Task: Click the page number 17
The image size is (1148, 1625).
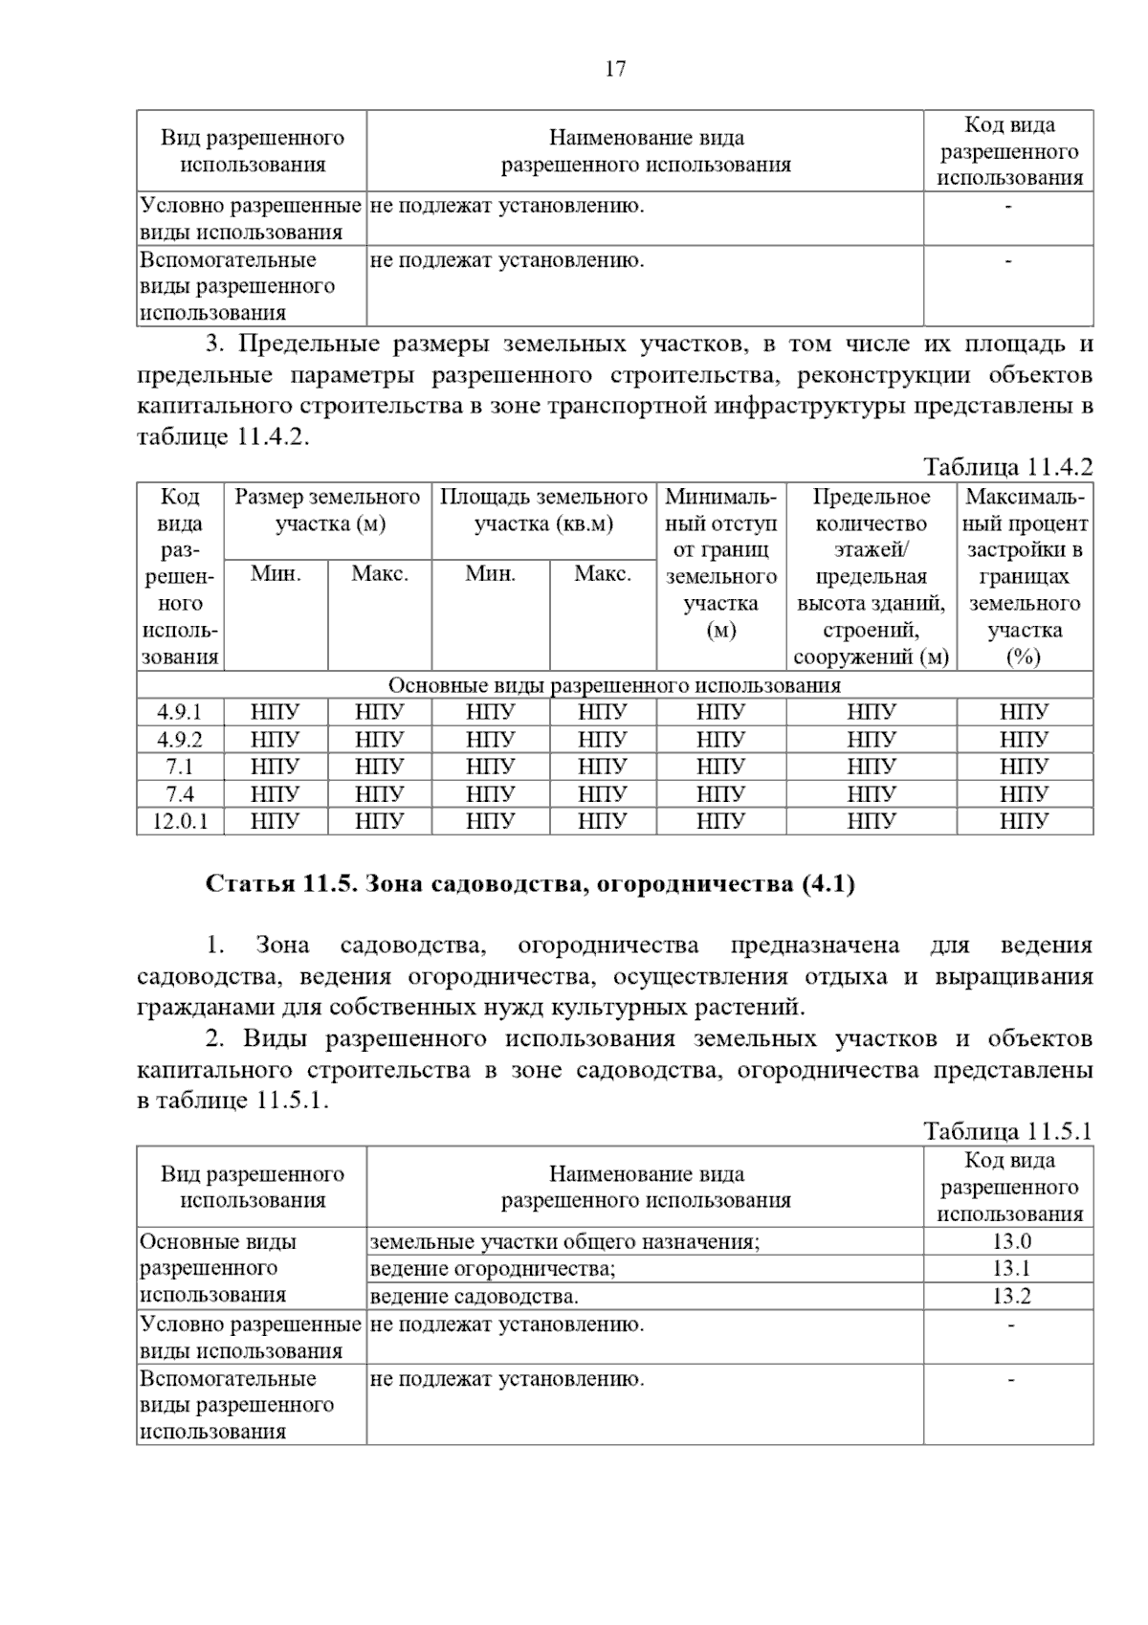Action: [615, 69]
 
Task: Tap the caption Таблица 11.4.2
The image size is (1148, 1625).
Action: [1007, 467]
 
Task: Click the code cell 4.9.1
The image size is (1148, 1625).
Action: [180, 712]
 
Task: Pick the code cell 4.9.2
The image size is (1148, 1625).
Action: [180, 740]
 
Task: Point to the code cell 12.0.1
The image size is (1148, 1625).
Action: [180, 821]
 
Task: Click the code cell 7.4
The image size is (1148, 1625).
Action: [180, 794]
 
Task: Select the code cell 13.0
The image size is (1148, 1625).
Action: [1010, 1241]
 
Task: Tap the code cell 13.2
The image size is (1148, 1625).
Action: [1010, 1296]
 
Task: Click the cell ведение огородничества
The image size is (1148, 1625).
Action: [492, 1269]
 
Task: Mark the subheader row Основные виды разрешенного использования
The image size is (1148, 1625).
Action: [614, 685]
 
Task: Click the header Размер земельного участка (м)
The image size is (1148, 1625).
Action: [327, 510]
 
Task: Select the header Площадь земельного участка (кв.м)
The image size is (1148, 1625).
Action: [543, 510]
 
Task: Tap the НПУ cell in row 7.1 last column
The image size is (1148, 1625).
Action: [1024, 767]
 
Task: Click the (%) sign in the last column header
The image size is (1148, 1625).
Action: [1024, 657]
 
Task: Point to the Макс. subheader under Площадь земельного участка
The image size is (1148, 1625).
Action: [602, 574]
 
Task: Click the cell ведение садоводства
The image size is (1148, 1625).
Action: [474, 1297]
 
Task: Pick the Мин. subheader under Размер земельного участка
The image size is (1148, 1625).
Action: [276, 574]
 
